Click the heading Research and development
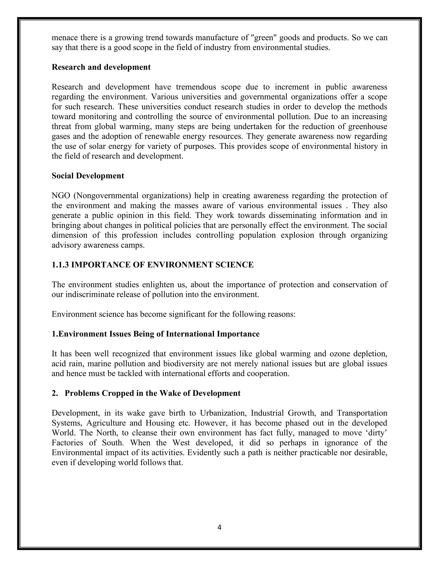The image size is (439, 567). click(x=101, y=67)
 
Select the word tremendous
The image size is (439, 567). click(x=195, y=87)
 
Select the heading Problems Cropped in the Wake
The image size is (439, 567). click(x=152, y=393)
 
